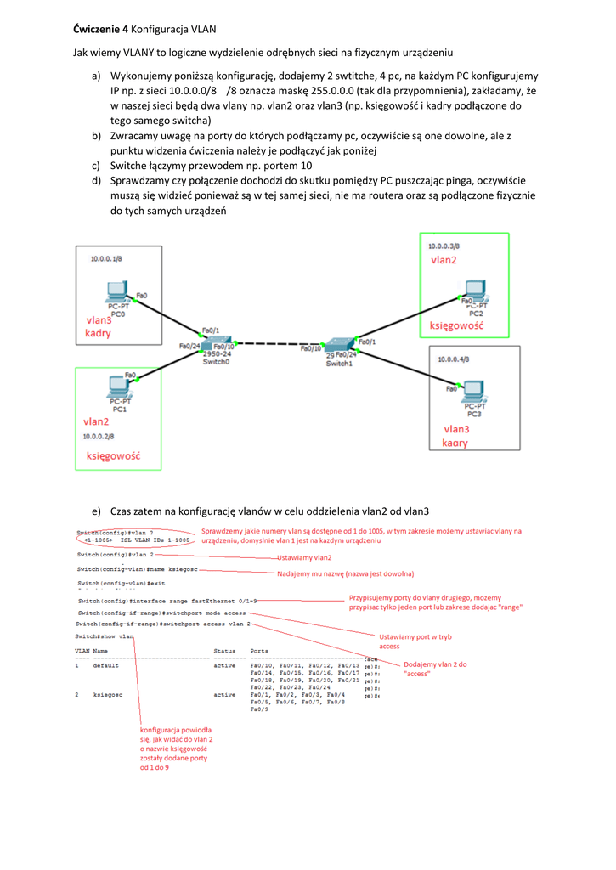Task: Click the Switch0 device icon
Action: [215, 342]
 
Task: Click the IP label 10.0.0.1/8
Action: [106, 257]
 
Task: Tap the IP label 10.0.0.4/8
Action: [455, 359]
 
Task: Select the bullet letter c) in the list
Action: [97, 166]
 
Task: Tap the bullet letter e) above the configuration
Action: [97, 511]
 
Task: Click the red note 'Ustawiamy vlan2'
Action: [304, 557]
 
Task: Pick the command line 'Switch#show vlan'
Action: [105, 636]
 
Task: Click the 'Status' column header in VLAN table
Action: [224, 651]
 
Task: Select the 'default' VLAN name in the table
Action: [105, 665]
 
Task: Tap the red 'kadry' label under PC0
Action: [99, 333]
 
